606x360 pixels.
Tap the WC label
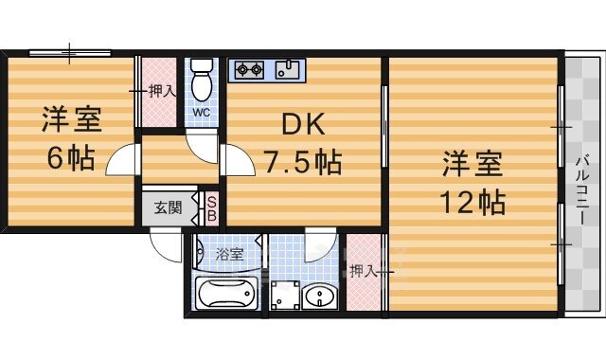[x=202, y=113]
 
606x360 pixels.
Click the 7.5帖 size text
[x=302, y=162]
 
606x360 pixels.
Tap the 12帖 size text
[x=472, y=202]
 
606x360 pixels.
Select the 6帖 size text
[x=71, y=157]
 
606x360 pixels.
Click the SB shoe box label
[x=212, y=209]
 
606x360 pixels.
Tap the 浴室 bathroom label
[x=229, y=254]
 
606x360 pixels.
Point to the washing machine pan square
[x=283, y=297]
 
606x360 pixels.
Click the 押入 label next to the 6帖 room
[x=162, y=92]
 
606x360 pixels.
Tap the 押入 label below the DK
[x=364, y=271]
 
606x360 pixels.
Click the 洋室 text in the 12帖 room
[x=472, y=164]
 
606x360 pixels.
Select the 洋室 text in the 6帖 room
[x=71, y=120]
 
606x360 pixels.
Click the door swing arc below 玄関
[x=168, y=248]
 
